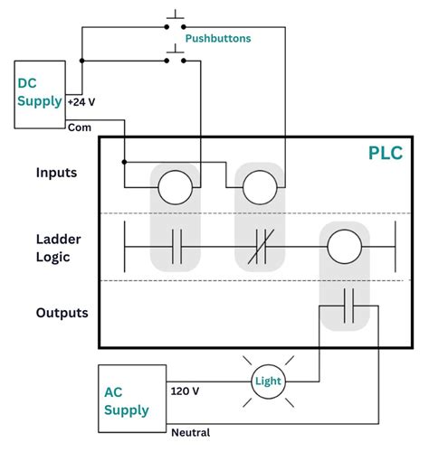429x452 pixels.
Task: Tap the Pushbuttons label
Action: tap(218, 40)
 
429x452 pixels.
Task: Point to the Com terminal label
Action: tap(80, 127)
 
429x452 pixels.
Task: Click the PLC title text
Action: tap(386, 153)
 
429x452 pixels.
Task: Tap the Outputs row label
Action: tap(62, 313)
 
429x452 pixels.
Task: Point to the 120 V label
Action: tap(186, 391)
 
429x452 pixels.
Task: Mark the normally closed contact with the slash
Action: tap(260, 245)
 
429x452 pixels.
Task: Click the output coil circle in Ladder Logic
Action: tap(344, 245)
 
